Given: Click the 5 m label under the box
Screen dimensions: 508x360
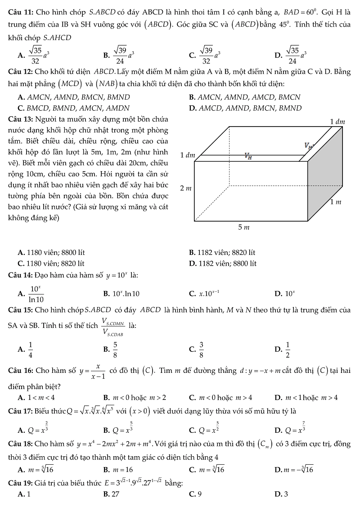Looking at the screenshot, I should coord(243,228).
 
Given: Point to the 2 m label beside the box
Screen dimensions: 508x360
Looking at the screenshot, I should coord(184,187).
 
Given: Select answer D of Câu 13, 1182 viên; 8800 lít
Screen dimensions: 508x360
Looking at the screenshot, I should coord(223,263).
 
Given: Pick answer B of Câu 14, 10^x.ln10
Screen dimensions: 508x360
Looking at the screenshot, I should coord(121,294).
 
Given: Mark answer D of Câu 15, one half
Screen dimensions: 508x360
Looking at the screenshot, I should coord(288,348).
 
